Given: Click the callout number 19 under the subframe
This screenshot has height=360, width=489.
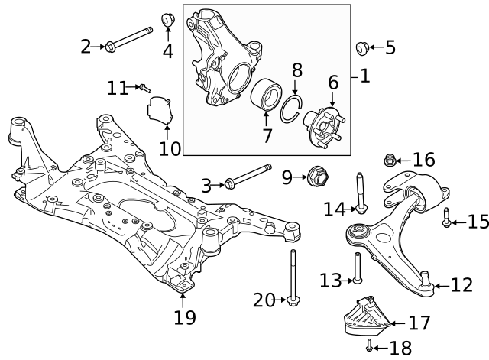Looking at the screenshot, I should [x=184, y=317].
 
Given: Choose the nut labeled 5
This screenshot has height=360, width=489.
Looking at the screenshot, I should [x=363, y=48].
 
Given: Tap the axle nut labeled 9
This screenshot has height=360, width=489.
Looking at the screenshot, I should [x=316, y=178].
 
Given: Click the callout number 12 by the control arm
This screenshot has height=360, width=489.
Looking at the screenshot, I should [x=462, y=286].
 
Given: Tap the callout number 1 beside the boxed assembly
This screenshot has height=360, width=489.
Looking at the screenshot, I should [x=364, y=76].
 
